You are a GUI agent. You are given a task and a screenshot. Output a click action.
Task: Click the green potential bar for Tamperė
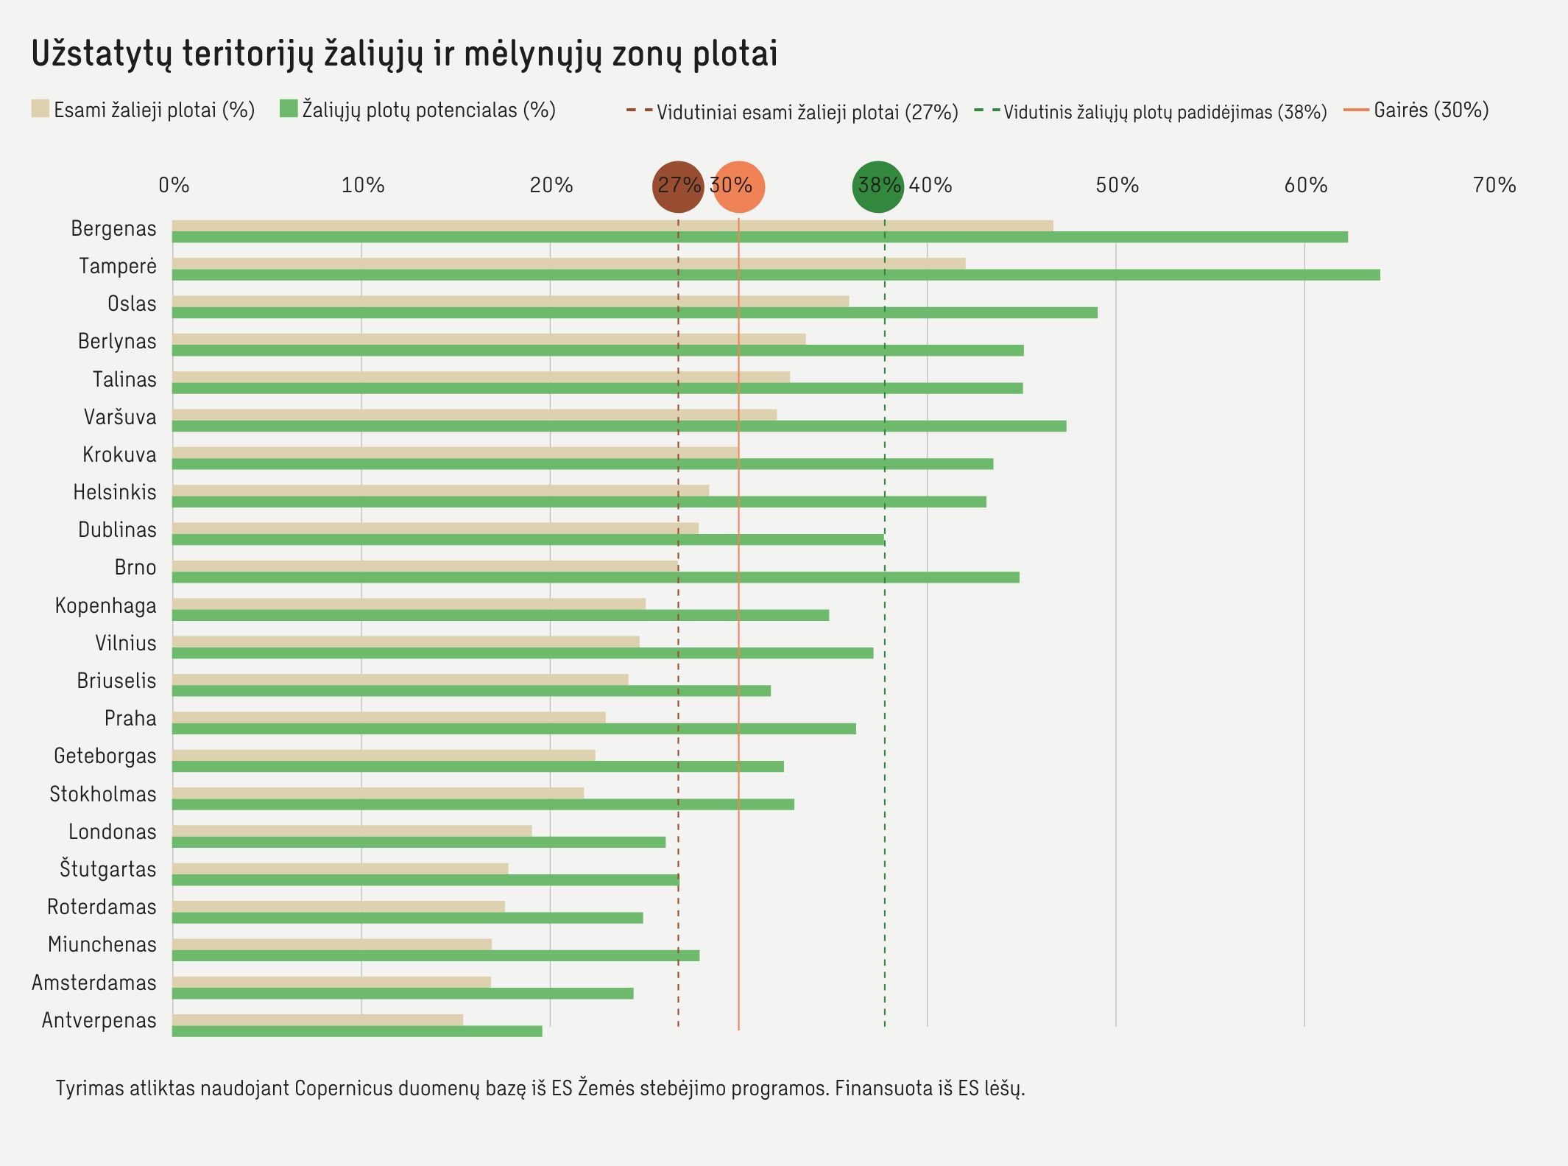[776, 275]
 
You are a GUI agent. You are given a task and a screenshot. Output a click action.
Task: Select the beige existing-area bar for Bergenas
[612, 225]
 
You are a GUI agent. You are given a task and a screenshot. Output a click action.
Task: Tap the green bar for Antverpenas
[357, 1031]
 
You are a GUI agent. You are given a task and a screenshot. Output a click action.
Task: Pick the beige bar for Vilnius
[406, 642]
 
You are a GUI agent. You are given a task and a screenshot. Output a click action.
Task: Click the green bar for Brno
[596, 577]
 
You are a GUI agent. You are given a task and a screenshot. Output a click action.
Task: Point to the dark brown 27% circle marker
[678, 186]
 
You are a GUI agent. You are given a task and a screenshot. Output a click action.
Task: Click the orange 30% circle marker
[738, 186]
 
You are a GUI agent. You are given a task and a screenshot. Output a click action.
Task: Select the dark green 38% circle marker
[878, 186]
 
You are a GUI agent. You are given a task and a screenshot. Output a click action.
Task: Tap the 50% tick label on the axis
[1117, 186]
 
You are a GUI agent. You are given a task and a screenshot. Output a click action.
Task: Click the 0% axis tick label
[174, 186]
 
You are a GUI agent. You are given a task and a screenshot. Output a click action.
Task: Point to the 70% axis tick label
[1494, 186]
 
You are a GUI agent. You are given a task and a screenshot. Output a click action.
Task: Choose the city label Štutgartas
[107, 869]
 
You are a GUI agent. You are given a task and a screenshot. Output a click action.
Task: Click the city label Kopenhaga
[105, 606]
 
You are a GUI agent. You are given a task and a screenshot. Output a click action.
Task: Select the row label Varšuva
[119, 418]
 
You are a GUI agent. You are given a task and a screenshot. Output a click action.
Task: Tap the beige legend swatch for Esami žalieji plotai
[40, 109]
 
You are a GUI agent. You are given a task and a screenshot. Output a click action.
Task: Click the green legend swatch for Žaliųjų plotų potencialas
[289, 109]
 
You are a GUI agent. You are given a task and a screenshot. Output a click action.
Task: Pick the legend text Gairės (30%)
[1430, 110]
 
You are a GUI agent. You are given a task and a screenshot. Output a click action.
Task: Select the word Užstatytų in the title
[102, 55]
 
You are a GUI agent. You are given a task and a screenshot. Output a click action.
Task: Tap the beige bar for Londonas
[352, 831]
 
